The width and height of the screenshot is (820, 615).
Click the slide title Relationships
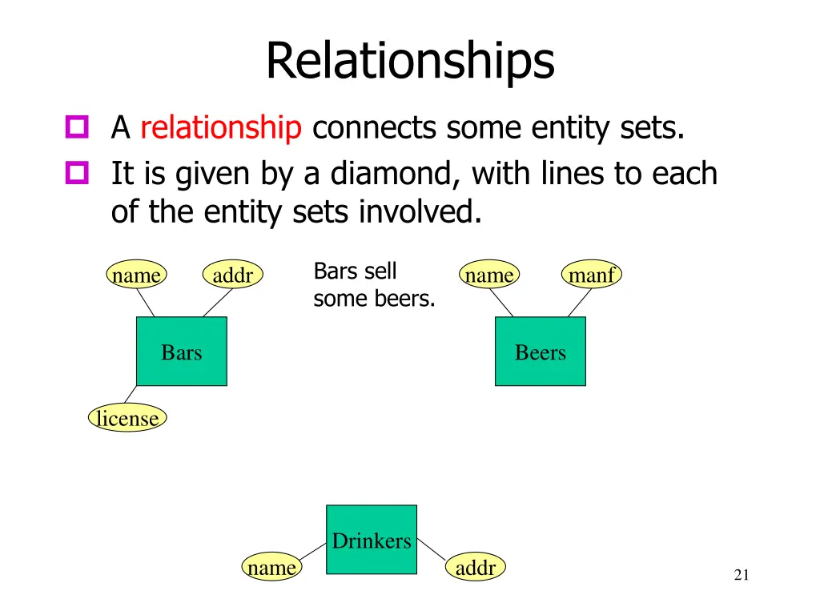pyautogui.click(x=409, y=60)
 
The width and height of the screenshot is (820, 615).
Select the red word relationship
pyautogui.click(x=220, y=128)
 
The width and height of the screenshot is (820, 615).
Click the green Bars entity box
pyautogui.click(x=182, y=352)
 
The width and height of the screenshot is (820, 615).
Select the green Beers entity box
pyautogui.click(x=541, y=352)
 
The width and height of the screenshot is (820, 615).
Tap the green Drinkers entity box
pyautogui.click(x=372, y=540)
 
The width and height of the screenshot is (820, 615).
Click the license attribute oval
pyautogui.click(x=127, y=418)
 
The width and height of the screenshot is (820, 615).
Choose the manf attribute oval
pyautogui.click(x=592, y=275)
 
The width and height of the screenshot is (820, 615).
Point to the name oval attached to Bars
pyautogui.click(x=136, y=275)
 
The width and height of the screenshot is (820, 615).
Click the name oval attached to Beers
pyautogui.click(x=489, y=275)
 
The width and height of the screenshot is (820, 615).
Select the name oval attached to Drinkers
pyautogui.click(x=272, y=568)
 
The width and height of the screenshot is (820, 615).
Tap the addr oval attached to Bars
pyautogui.click(x=233, y=275)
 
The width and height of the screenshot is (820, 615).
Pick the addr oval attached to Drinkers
pyautogui.click(x=476, y=568)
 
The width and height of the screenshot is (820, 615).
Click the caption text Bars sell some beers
pyautogui.click(x=373, y=285)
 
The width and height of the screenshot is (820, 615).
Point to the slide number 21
pyautogui.click(x=741, y=574)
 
